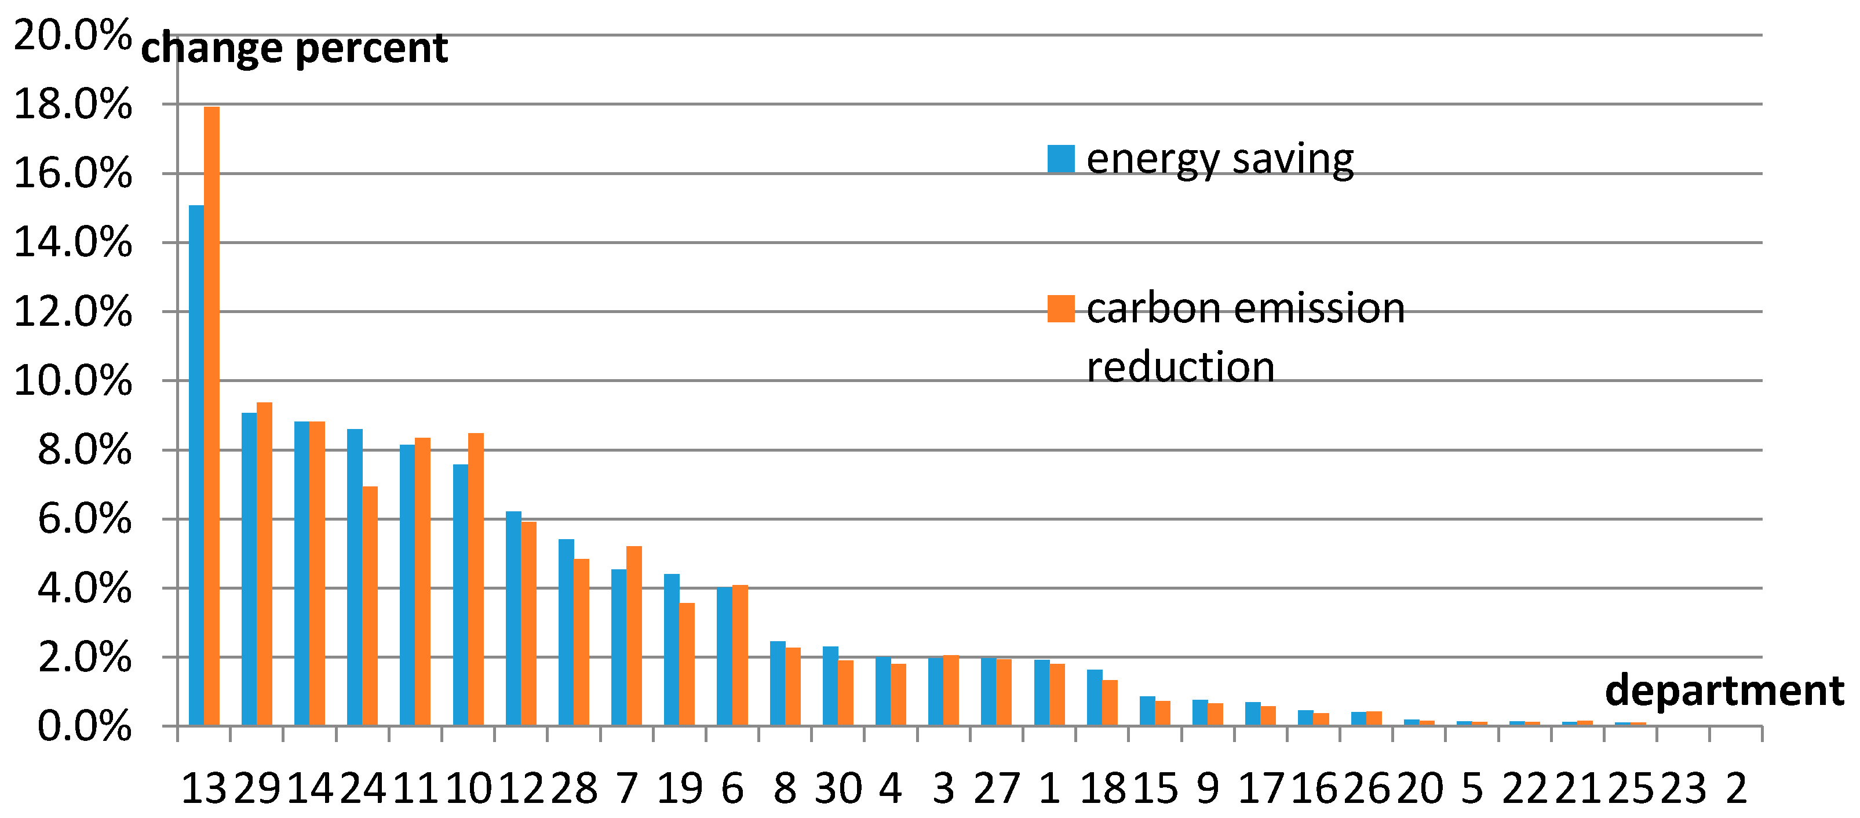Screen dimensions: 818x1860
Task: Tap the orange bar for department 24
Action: (x=370, y=606)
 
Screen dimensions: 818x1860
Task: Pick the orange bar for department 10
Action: (x=476, y=579)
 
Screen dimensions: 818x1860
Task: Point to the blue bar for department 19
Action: (x=672, y=650)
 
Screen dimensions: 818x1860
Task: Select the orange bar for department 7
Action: (x=634, y=636)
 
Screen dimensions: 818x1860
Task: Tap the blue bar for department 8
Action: (x=778, y=684)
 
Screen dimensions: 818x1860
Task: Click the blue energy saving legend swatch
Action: (x=1061, y=159)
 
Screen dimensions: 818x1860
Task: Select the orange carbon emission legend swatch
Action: (x=1061, y=308)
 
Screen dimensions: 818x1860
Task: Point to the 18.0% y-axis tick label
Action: (x=73, y=105)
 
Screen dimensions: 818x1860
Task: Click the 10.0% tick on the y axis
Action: (x=73, y=381)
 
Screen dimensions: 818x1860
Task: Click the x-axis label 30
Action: (x=838, y=789)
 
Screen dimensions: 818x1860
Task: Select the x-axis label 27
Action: (x=997, y=789)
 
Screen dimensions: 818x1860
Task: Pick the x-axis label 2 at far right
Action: (x=1737, y=789)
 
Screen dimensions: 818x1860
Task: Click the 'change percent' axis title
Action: (x=294, y=49)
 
